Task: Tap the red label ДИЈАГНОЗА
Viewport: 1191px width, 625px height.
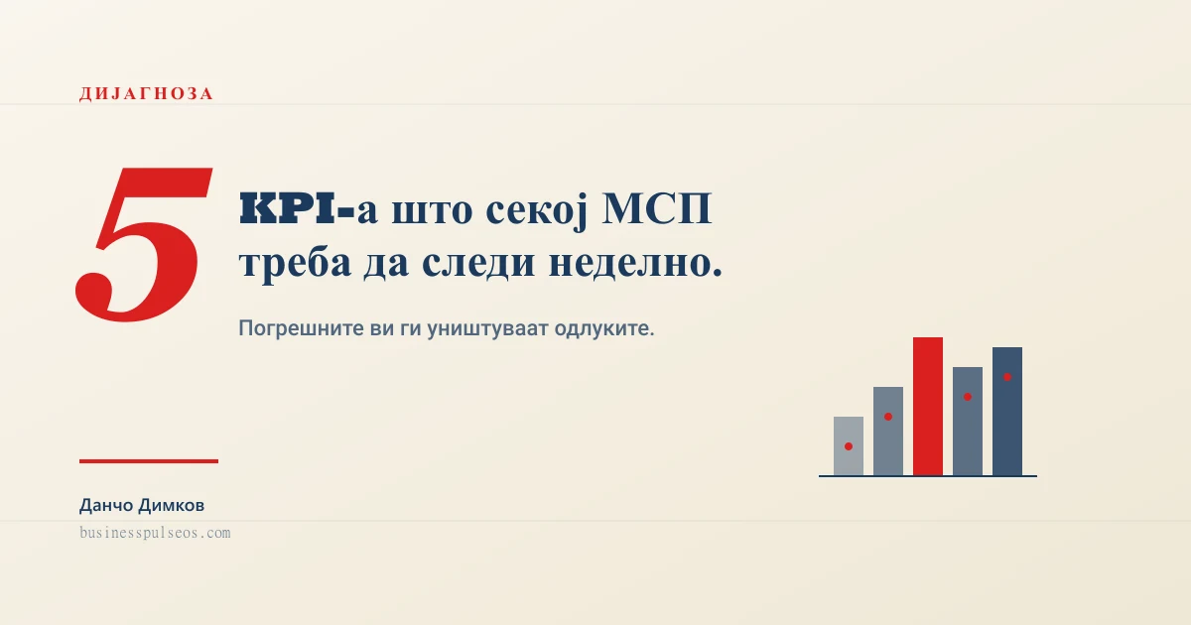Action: [x=146, y=94]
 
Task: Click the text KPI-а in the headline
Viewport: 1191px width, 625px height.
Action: [x=297, y=210]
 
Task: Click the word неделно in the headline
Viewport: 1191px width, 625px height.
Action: [x=635, y=264]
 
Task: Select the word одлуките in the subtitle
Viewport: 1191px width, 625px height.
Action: [x=607, y=328]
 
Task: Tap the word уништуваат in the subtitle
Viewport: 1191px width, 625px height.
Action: [x=489, y=328]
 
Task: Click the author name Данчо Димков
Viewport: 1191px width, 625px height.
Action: [x=142, y=506]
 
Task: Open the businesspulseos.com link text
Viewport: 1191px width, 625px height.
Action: [x=155, y=533]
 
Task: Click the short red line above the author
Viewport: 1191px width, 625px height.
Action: [x=149, y=460]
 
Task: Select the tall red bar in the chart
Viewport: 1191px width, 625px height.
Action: [x=928, y=407]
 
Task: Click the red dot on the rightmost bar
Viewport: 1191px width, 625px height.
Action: [x=1007, y=377]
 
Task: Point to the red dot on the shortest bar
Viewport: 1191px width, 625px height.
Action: [x=849, y=446]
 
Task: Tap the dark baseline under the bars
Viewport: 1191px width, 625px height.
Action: [x=928, y=476]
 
